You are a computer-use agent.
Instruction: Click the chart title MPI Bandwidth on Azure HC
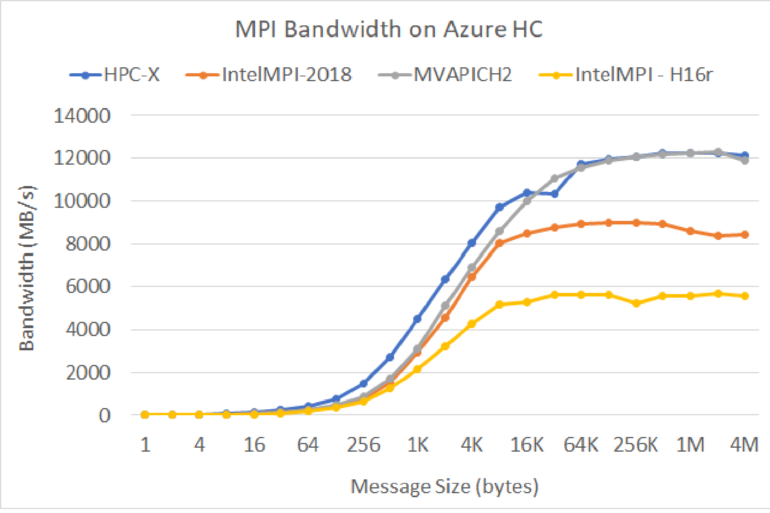[x=389, y=29]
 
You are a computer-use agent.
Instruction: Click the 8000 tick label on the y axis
[x=88, y=244]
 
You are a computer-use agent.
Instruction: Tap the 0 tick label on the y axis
[x=104, y=416]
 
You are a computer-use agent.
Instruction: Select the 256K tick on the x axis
[x=635, y=445]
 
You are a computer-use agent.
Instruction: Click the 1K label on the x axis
[x=418, y=445]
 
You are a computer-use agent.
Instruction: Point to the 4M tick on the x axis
[x=744, y=445]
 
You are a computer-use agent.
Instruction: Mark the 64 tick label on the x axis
[x=308, y=445]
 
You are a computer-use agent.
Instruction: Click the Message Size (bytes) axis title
[x=444, y=486]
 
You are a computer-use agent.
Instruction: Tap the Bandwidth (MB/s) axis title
[x=27, y=268]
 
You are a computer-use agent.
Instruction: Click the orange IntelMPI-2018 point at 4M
[x=745, y=235]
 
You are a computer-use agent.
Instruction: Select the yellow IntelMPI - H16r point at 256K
[x=637, y=304]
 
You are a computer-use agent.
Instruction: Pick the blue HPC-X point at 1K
[x=417, y=319]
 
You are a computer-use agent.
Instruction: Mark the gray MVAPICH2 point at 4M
[x=745, y=160]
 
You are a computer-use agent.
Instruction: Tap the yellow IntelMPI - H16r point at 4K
[x=472, y=324]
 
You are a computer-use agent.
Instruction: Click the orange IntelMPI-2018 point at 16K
[x=527, y=234]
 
